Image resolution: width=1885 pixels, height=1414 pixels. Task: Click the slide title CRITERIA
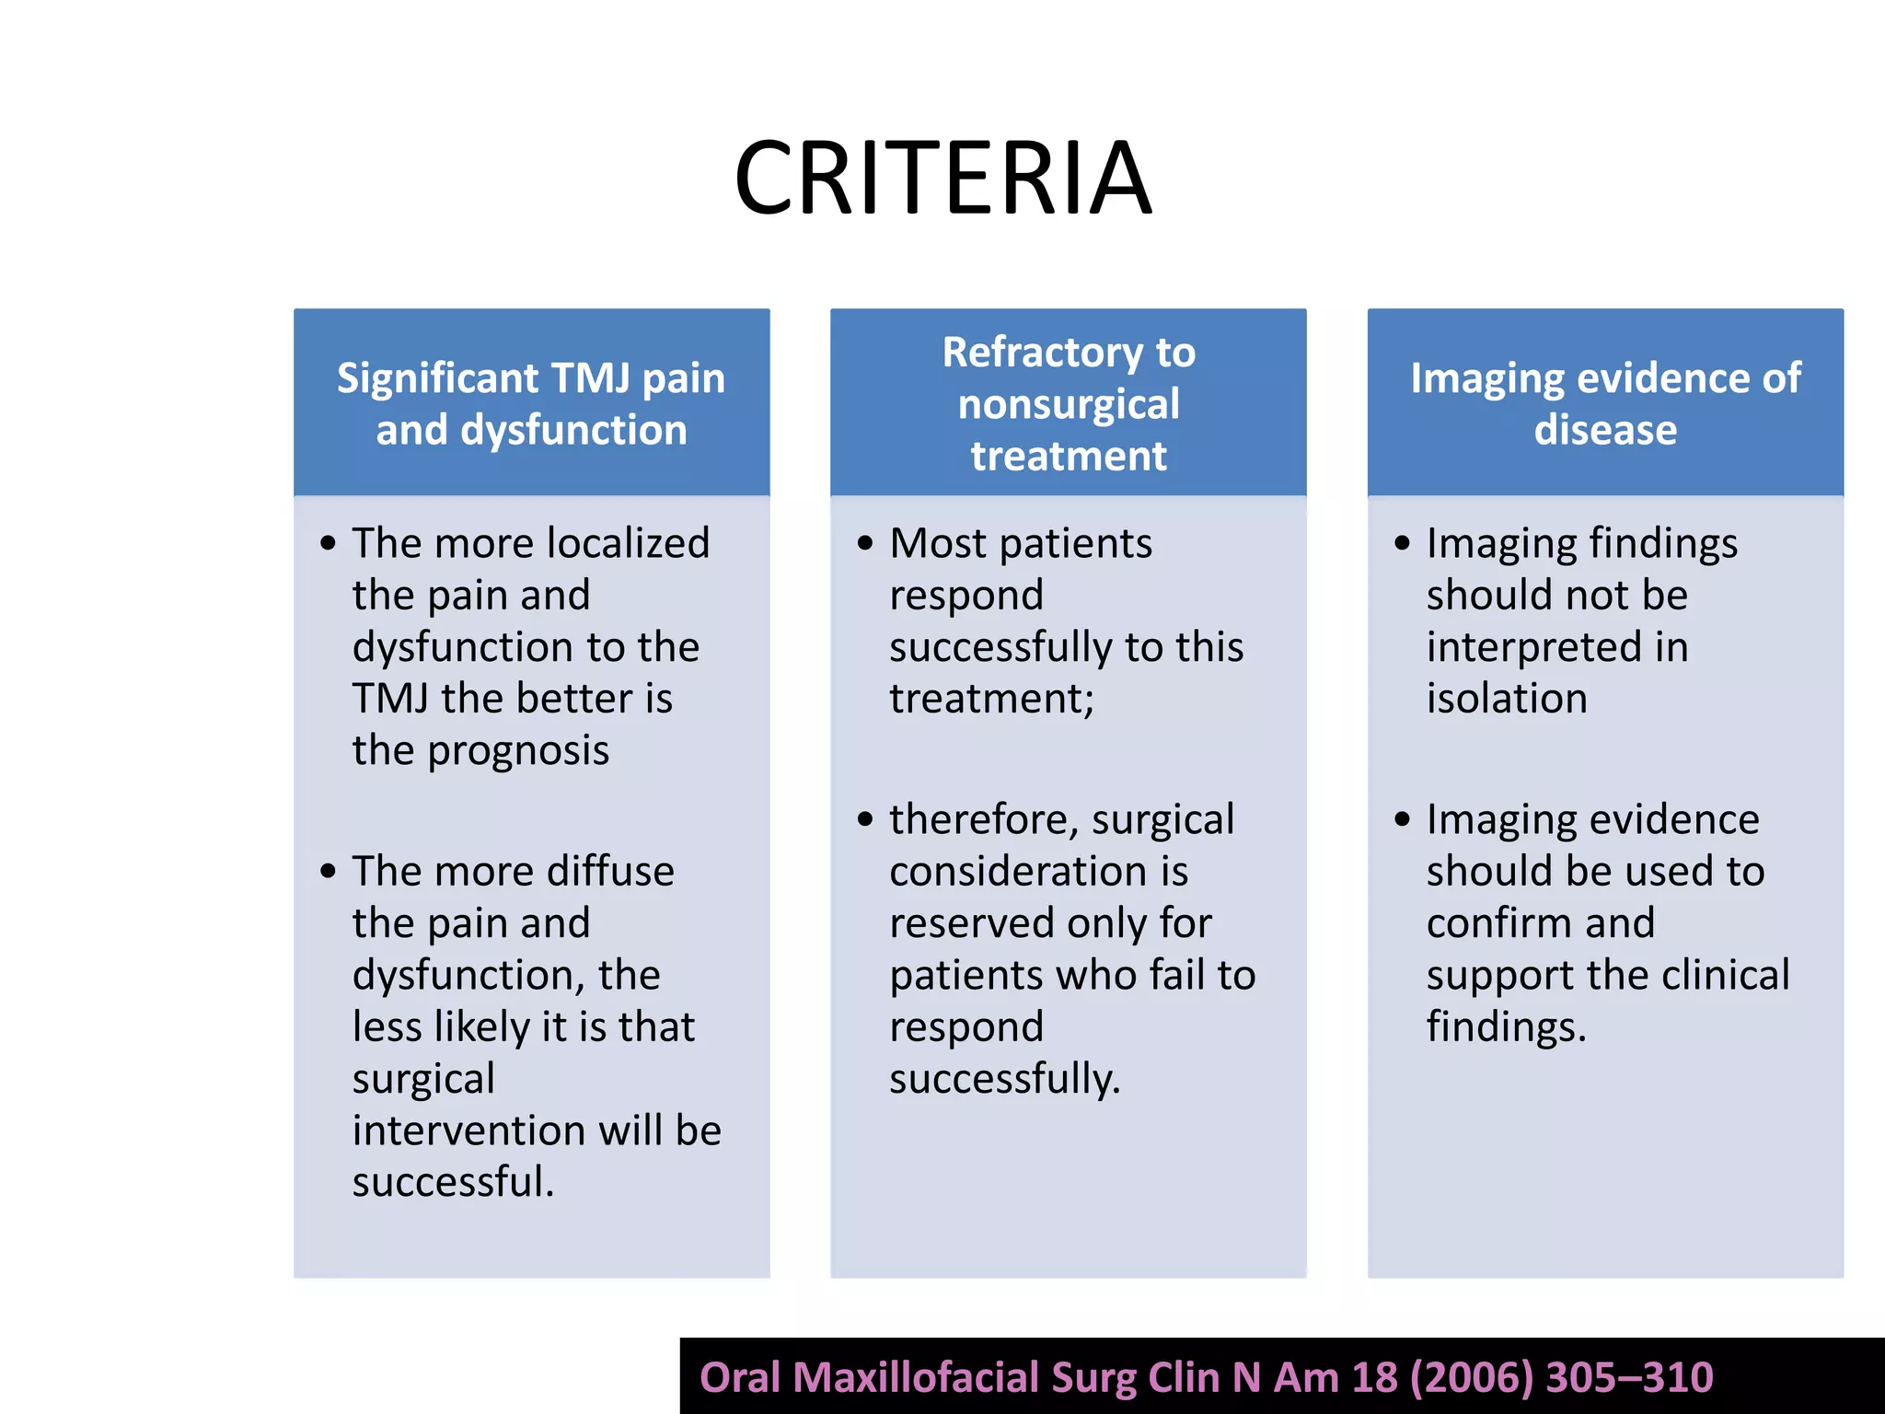point(942,179)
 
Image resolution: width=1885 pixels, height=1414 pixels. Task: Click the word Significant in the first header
point(437,378)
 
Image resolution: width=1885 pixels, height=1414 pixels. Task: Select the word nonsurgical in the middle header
point(1069,404)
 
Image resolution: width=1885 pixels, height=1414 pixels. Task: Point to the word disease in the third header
point(1605,430)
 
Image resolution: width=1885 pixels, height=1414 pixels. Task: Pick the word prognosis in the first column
point(518,751)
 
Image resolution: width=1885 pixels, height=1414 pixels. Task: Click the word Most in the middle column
point(938,543)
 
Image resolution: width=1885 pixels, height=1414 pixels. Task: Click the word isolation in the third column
point(1507,699)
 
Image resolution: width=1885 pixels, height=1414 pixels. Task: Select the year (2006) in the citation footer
point(1471,1378)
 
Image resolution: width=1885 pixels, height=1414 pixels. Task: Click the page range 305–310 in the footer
point(1629,1378)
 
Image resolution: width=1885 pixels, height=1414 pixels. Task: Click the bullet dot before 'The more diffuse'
point(329,871)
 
